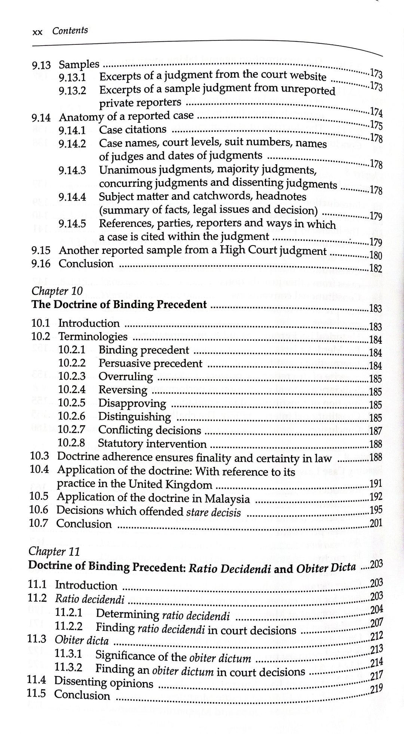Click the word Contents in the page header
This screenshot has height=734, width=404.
(70, 31)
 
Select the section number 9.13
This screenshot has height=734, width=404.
(41, 66)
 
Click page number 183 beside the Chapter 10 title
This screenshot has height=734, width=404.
(375, 308)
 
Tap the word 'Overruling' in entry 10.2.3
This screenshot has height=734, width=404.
(126, 377)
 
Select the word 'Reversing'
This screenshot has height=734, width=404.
(123, 390)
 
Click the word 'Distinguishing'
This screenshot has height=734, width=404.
(135, 416)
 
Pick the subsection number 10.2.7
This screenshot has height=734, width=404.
(72, 430)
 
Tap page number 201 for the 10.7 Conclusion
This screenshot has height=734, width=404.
(376, 523)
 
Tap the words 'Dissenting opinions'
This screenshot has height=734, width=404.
(104, 682)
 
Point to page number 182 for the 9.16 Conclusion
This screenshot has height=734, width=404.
(375, 268)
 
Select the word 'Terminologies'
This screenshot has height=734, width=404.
(93, 336)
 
